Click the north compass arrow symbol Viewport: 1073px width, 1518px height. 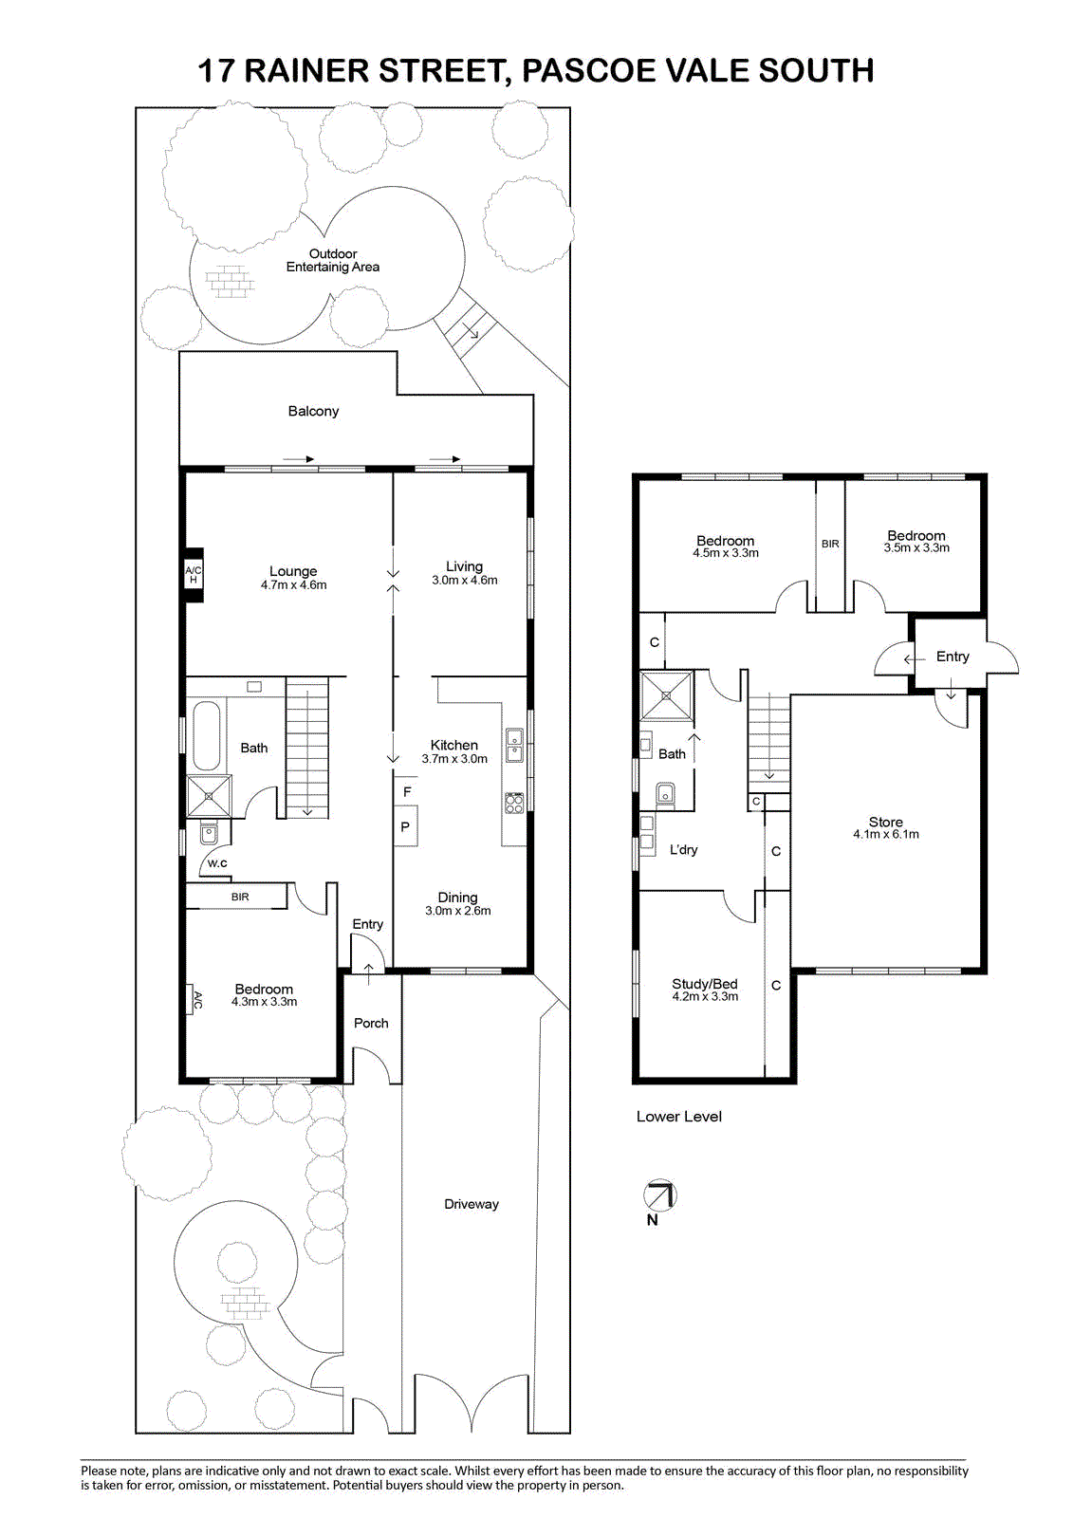tap(659, 1194)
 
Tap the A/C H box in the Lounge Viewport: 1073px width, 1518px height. tap(194, 575)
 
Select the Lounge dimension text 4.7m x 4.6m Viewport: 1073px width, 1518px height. tap(293, 584)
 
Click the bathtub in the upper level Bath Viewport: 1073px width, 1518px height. tap(207, 735)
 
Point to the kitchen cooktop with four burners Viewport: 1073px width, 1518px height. tap(514, 803)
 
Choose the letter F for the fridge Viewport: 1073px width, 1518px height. tap(407, 791)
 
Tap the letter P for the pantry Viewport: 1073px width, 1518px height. tap(405, 826)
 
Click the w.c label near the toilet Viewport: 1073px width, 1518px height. tap(217, 862)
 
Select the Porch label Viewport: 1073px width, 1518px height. tap(371, 1023)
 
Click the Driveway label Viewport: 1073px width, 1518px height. tap(472, 1204)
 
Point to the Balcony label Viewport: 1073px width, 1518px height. tap(313, 411)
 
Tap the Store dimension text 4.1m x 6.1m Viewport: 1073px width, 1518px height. tap(886, 834)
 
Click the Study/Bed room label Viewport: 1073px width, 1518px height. tap(705, 983)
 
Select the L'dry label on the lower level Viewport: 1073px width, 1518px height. tap(683, 849)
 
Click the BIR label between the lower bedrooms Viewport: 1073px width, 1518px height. tap(830, 544)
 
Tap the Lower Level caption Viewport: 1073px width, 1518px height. tap(678, 1116)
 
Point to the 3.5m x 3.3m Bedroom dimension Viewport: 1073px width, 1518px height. tap(916, 547)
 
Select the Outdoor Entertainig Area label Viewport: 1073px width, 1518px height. tap(333, 260)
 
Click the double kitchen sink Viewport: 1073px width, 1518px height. tap(514, 746)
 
